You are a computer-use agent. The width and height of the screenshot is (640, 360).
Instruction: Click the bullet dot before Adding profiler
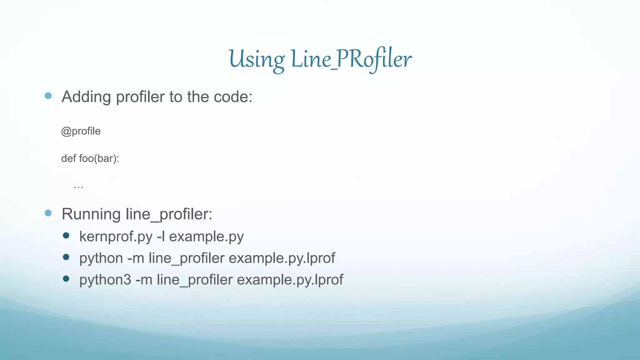tap(48, 96)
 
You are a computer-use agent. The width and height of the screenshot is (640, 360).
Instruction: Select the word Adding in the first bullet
tap(86, 97)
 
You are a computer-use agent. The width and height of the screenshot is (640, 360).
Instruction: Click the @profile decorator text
tap(81, 131)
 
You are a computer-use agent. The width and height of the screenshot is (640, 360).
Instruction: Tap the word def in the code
tap(68, 158)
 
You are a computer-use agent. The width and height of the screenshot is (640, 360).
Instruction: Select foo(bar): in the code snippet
tap(99, 159)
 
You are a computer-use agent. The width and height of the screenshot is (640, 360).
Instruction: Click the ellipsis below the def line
tap(78, 187)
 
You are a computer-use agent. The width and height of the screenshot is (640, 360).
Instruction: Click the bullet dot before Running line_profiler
tap(48, 213)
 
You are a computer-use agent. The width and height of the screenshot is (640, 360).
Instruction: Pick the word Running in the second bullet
tap(91, 214)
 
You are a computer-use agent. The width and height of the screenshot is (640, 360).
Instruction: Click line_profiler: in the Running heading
tap(169, 214)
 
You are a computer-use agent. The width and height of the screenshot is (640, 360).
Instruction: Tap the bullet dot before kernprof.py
tap(66, 235)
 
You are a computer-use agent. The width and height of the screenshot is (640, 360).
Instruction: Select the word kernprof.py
tap(116, 237)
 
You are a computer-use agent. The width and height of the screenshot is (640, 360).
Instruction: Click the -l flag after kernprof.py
tap(161, 237)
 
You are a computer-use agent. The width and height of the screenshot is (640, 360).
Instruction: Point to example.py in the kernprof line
tap(206, 237)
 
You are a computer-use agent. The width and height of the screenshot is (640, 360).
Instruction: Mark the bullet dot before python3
tap(66, 278)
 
